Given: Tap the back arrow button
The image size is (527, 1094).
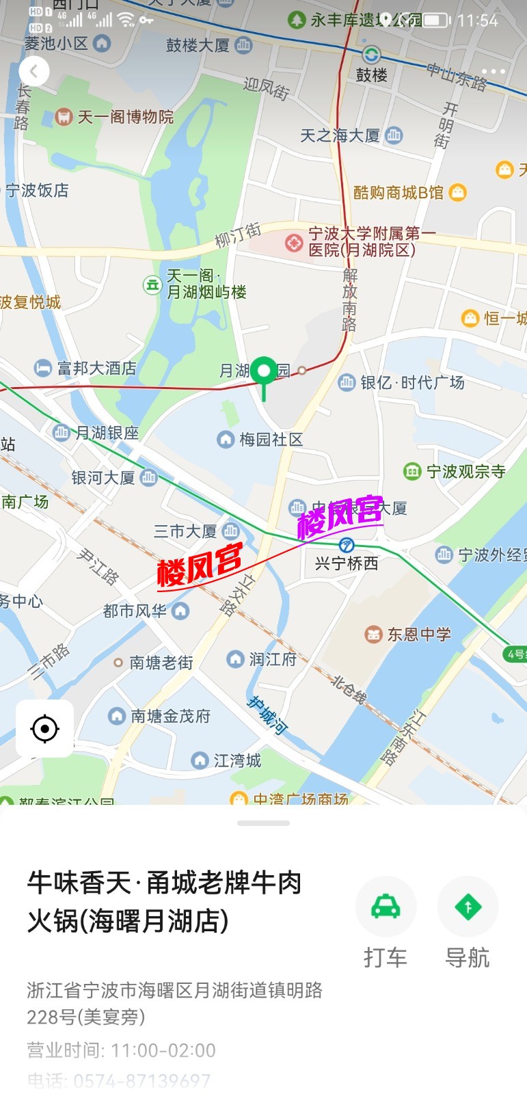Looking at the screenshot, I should click(x=34, y=70).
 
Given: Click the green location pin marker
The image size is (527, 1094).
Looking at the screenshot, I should click(x=264, y=371).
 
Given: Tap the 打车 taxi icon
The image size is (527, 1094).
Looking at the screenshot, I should click(x=386, y=907).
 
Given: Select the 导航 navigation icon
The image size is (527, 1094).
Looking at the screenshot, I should click(x=468, y=907).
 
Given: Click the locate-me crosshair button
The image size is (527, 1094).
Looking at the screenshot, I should click(x=45, y=729).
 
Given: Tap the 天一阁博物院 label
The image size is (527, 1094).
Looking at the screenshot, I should click(x=125, y=117).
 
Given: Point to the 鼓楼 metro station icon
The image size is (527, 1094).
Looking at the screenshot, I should click(x=371, y=54).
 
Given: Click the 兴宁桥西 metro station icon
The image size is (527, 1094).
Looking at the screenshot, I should click(x=347, y=545).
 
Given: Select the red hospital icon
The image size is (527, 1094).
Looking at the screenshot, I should click(x=294, y=242).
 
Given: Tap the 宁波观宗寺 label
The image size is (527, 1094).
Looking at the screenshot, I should click(x=465, y=471).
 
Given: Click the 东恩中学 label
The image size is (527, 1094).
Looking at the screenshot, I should click(x=418, y=635).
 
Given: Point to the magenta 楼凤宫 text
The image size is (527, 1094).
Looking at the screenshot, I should click(x=340, y=516).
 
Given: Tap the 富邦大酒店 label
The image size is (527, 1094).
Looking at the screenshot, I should click(x=96, y=368).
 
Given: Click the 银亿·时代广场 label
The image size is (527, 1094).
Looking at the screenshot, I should click(x=412, y=382).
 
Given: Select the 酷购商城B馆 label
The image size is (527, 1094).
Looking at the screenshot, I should click(x=398, y=193).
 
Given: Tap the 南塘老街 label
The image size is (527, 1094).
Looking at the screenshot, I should click(x=161, y=663).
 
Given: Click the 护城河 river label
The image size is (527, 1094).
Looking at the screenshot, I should click(x=267, y=715).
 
